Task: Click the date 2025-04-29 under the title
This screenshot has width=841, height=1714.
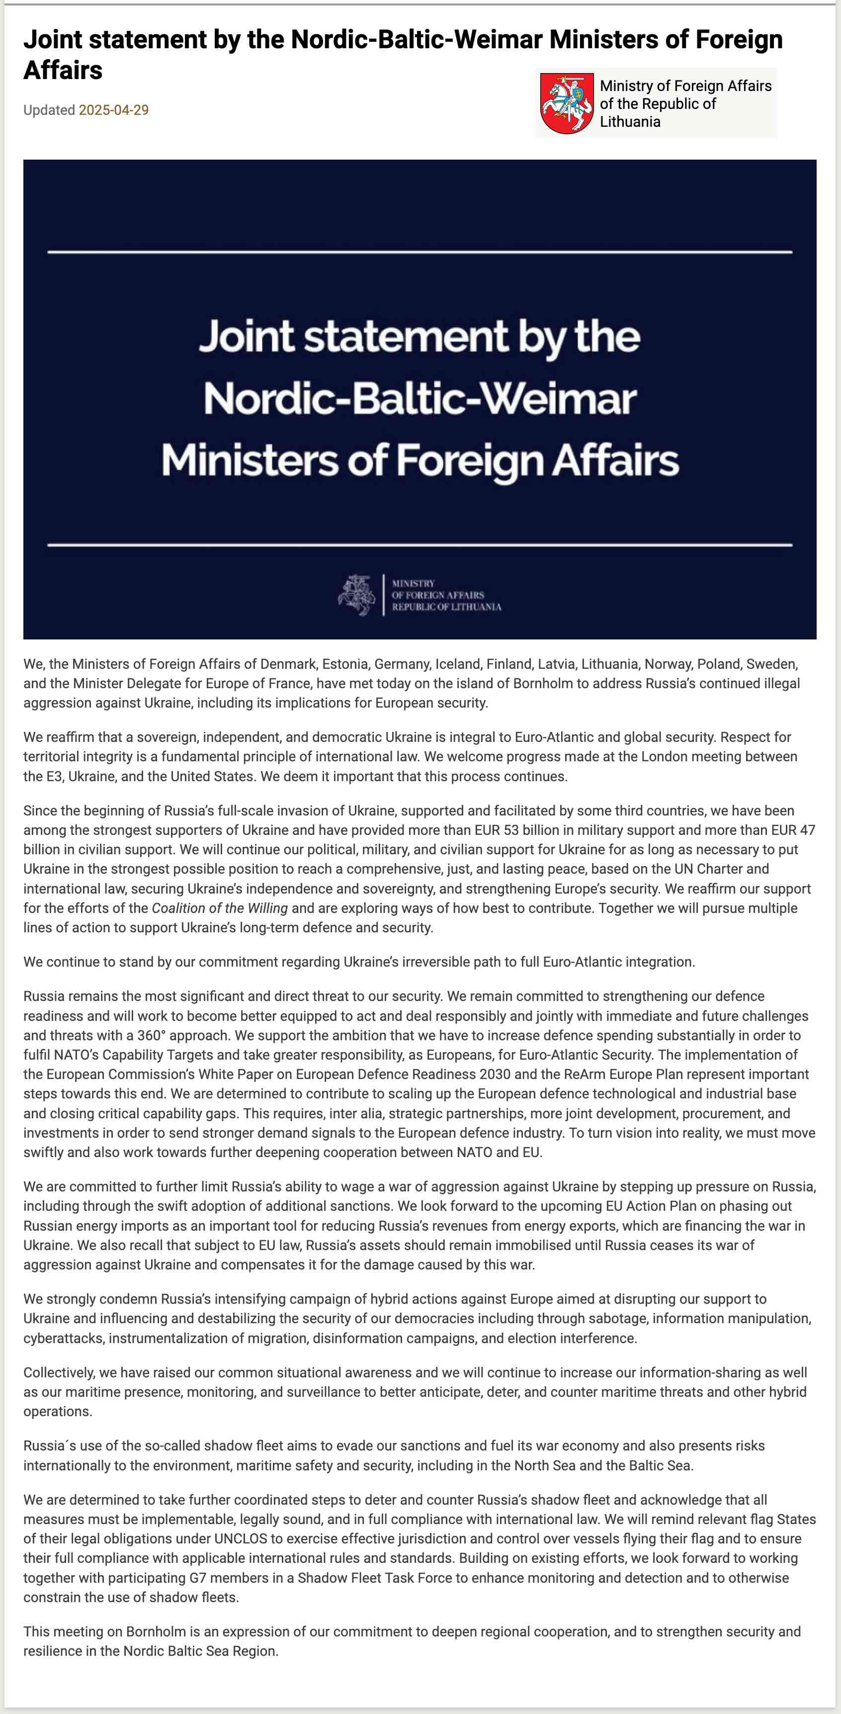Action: (x=114, y=110)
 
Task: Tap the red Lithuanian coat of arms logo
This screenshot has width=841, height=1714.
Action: (x=566, y=103)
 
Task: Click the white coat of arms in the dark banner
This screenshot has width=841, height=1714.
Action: (x=356, y=595)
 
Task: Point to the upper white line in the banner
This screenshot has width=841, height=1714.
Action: (x=420, y=252)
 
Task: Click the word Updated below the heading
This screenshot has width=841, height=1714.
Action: (x=49, y=110)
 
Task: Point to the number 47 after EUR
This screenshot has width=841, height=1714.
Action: (x=807, y=830)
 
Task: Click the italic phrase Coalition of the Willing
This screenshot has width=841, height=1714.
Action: (x=220, y=907)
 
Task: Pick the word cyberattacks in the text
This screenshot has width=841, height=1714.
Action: (x=63, y=1338)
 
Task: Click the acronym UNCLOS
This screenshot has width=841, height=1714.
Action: (x=240, y=1538)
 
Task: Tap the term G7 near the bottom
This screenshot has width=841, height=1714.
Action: (x=198, y=1578)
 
